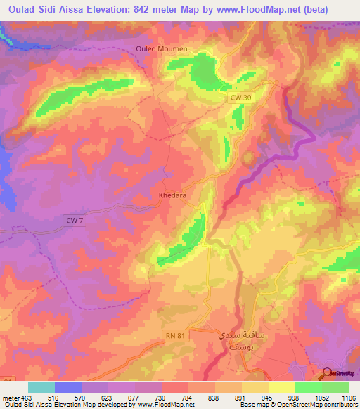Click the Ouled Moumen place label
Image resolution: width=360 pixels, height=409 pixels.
click(x=161, y=48)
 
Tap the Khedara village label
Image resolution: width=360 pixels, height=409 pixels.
click(x=172, y=196)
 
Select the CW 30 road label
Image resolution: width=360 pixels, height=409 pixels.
click(x=240, y=102)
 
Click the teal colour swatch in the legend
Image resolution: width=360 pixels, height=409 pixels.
click(x=41, y=388)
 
